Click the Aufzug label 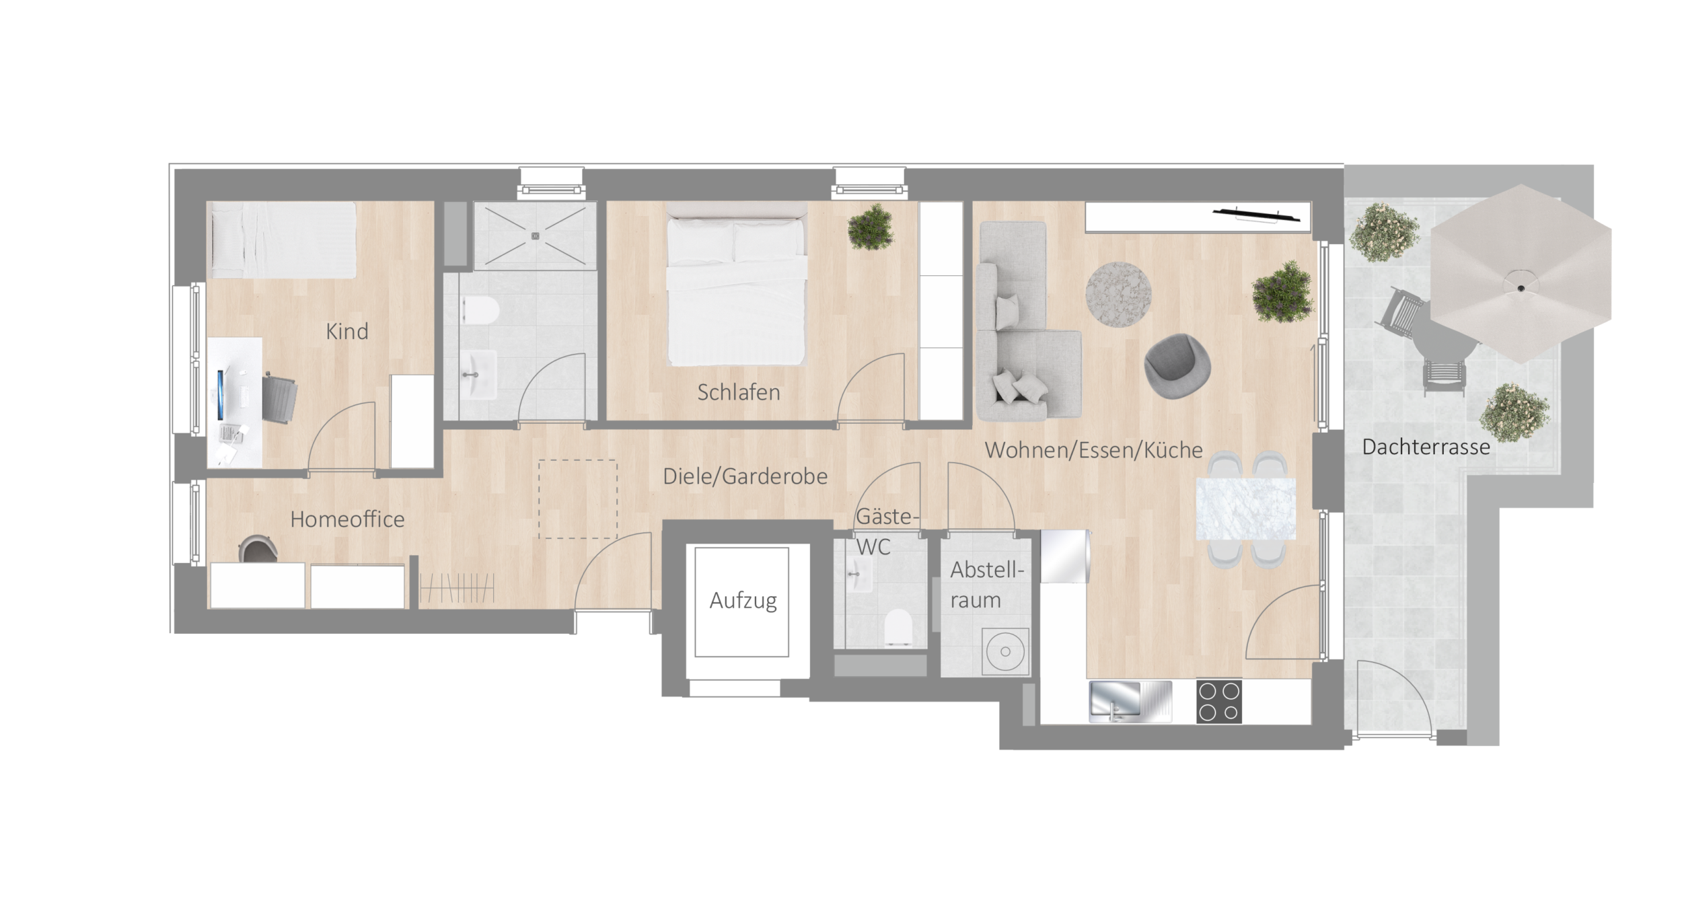[x=743, y=601]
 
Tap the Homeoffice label [x=347, y=519]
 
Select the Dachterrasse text [x=1426, y=447]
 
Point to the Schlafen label [x=738, y=392]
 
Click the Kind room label [x=347, y=331]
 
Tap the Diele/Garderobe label [x=745, y=476]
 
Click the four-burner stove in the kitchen [x=1219, y=702]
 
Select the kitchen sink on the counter [x=1130, y=702]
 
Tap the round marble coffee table [x=1118, y=295]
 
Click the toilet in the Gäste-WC [x=898, y=627]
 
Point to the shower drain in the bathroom [x=536, y=235]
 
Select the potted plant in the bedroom [x=871, y=227]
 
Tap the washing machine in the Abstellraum [x=1005, y=651]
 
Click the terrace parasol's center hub [x=1520, y=288]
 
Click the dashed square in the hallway [x=577, y=499]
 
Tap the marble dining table [x=1246, y=509]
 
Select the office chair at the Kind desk [x=278, y=399]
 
